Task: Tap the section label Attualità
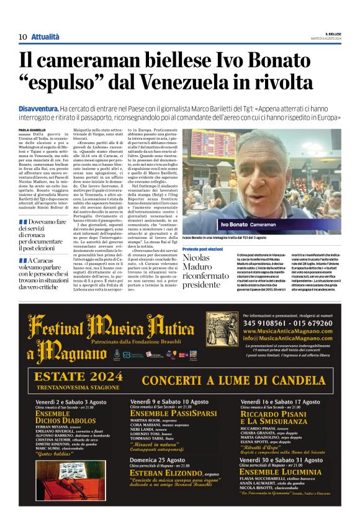(45, 37)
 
